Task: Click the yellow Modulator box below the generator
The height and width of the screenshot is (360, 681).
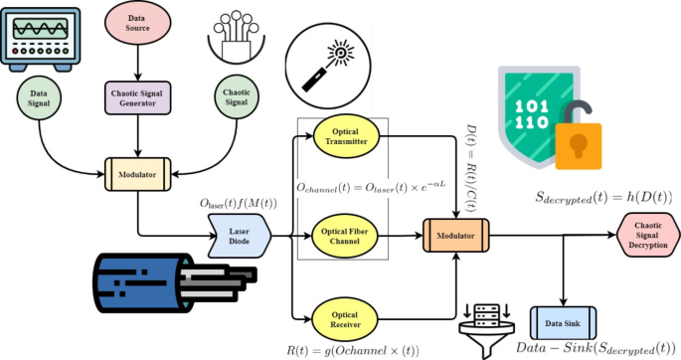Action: [x=136, y=173]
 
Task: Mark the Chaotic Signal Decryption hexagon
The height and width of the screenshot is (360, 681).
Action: [x=648, y=237]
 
